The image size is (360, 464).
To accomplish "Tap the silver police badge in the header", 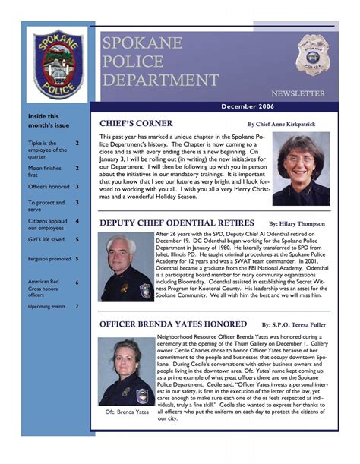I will [311, 54].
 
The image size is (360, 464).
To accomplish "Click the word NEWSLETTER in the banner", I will [298, 93].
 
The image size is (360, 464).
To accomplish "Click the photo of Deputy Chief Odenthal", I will [125, 267].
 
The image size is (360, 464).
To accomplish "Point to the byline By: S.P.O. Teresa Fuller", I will [297, 324].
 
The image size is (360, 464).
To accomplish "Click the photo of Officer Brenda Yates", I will [126, 372].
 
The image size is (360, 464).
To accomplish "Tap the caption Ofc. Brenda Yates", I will [126, 412].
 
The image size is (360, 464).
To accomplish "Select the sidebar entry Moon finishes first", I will [45, 172].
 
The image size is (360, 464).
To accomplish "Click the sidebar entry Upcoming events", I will [47, 306].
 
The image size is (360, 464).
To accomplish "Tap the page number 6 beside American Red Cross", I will [77, 283].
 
